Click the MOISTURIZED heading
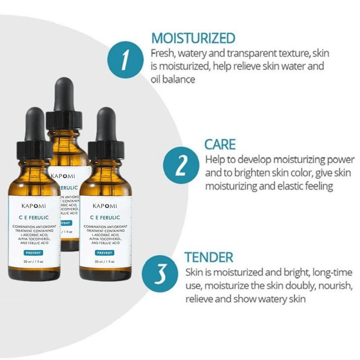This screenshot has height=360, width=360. click(193, 38)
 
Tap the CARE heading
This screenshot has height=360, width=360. click(220, 144)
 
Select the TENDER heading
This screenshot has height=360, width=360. click(209, 257)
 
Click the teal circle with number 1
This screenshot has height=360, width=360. click(126, 60)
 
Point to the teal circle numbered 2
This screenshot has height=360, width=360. click(181, 165)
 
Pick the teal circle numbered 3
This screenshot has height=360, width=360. click(160, 274)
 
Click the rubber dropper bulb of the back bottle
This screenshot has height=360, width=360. click(64, 94)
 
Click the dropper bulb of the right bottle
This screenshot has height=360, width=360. click(106, 125)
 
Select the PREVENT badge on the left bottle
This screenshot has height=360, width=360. click(33, 253)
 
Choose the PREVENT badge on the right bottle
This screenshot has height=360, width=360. click(104, 253)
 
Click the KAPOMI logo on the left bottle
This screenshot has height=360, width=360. click(34, 206)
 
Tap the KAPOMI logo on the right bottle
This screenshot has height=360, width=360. click(105, 206)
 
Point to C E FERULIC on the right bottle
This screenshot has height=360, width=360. click(105, 217)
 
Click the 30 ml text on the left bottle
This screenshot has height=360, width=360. click(28, 261)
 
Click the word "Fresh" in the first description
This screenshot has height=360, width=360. click(162, 53)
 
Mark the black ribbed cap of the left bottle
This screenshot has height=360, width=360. click(35, 150)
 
